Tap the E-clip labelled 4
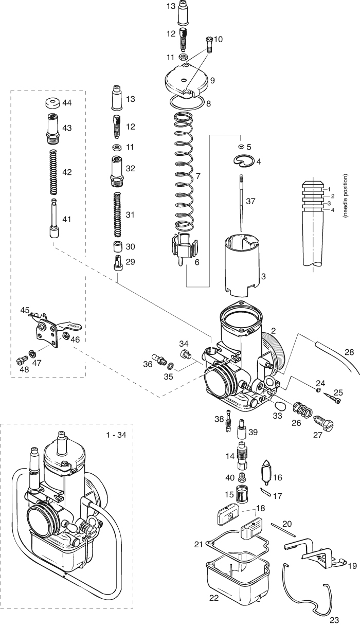click(245, 161)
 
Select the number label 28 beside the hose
click(349, 352)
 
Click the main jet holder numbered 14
click(242, 455)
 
